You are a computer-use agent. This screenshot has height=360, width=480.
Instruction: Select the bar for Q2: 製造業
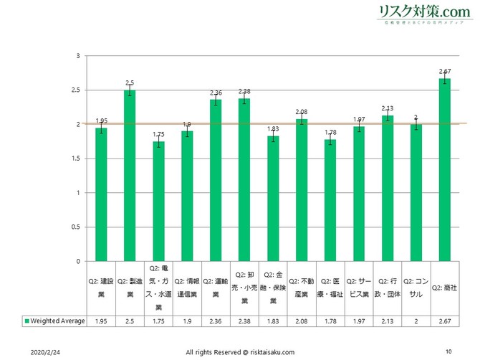point(130,175)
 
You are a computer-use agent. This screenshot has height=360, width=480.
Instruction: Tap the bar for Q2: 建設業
point(101,194)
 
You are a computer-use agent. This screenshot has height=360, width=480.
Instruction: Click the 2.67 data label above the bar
point(445,71)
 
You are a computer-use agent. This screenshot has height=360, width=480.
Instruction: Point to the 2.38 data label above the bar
point(244,91)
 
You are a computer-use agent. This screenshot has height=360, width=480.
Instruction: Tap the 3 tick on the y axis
point(77,56)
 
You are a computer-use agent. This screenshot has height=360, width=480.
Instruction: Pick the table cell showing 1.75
point(158,320)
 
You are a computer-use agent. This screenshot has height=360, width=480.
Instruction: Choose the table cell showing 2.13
point(388,320)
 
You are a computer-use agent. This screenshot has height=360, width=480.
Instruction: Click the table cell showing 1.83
point(273,320)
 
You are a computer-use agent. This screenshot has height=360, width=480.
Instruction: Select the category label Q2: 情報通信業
point(187,287)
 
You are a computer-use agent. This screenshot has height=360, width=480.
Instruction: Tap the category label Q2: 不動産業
point(302,287)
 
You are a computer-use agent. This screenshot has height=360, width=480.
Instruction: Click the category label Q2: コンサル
point(416,287)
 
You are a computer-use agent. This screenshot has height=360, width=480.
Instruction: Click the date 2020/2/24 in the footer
point(45,352)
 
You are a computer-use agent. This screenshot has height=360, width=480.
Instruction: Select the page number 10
point(448,351)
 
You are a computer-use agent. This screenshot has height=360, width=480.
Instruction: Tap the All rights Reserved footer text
point(239,352)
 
